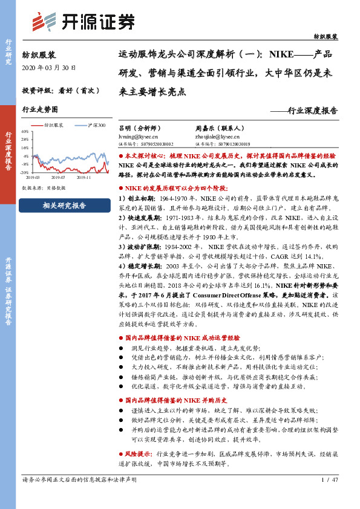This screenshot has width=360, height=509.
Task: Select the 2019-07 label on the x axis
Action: pos(58,178)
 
